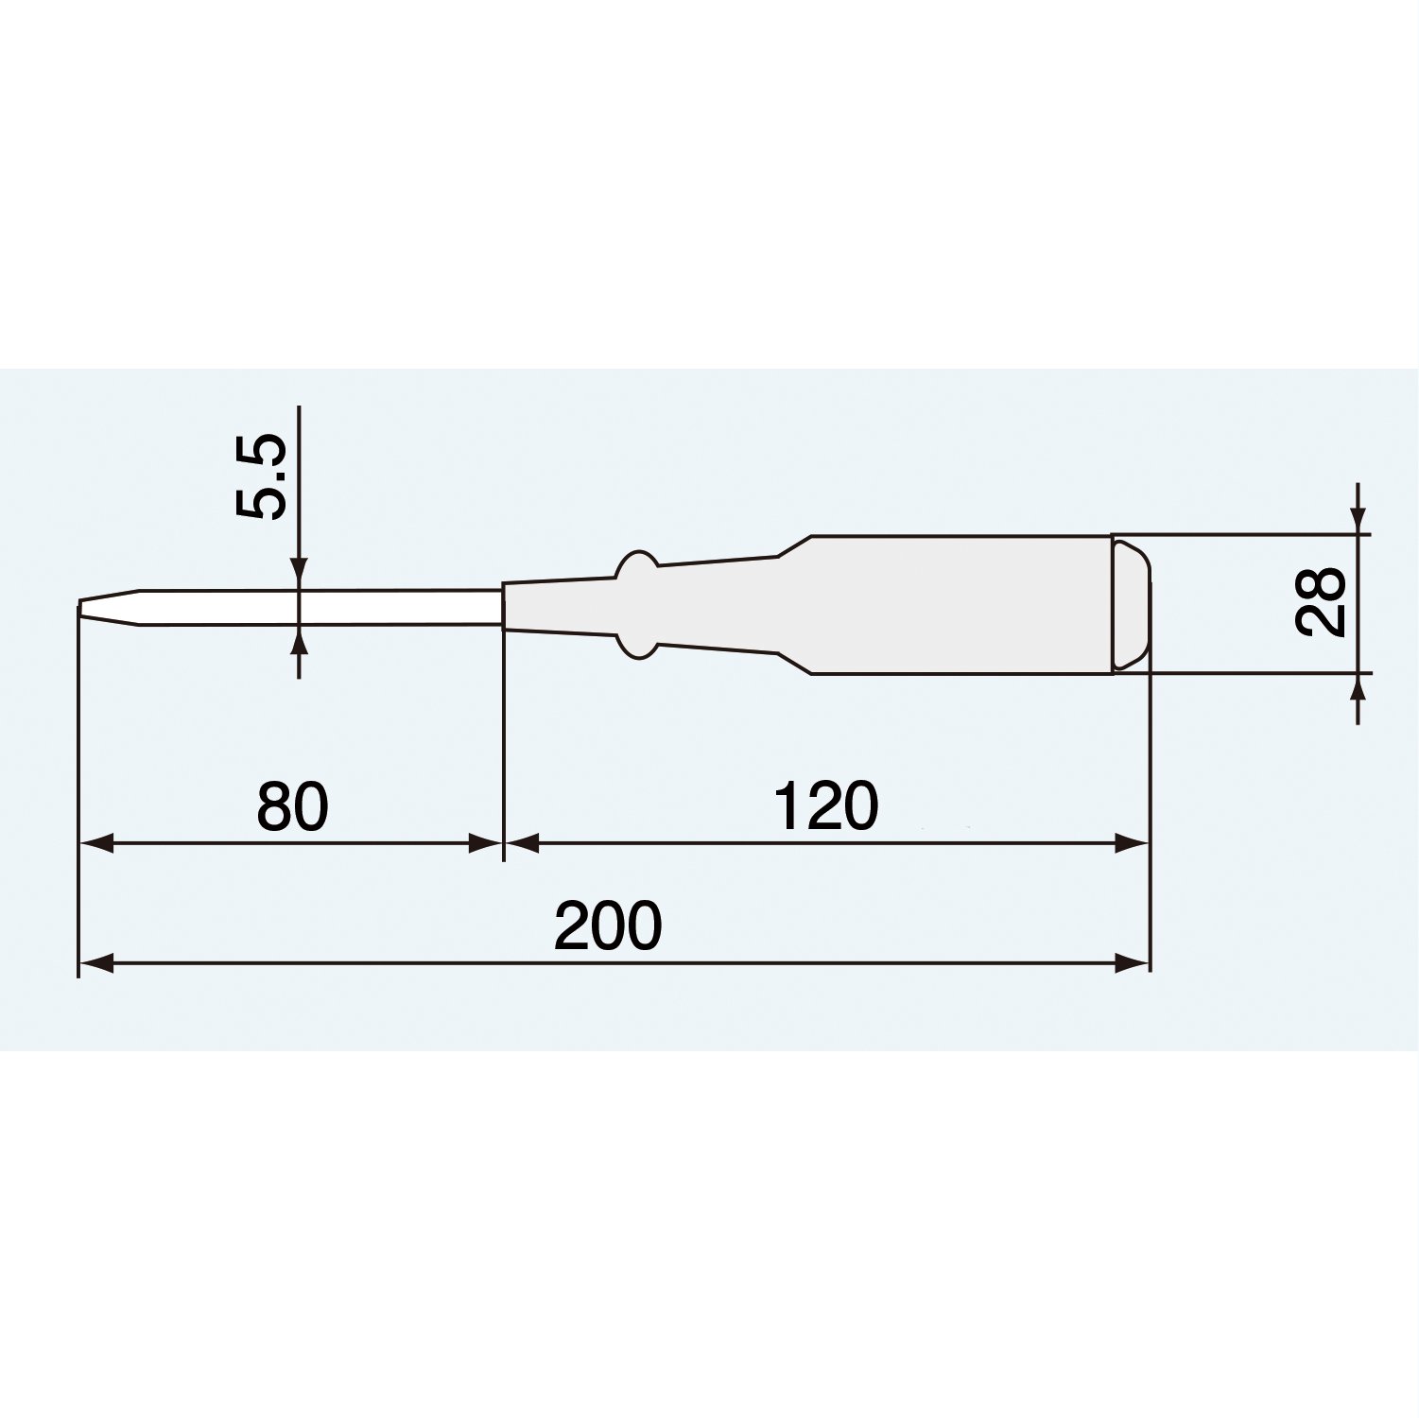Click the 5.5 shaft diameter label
260,477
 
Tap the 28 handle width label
1321,602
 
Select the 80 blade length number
292,806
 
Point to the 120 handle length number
825,806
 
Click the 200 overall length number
608,925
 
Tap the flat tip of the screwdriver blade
79,610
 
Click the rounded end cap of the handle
1132,604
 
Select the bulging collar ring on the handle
635,604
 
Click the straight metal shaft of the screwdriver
321,608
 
